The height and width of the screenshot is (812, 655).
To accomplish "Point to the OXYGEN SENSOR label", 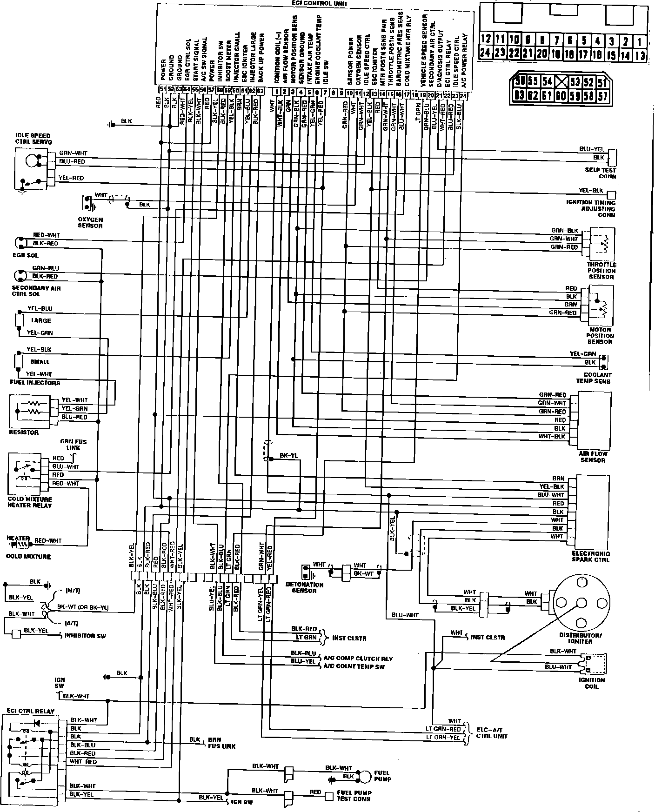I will point(90,222).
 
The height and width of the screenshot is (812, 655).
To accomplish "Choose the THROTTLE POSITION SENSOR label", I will point(602,271).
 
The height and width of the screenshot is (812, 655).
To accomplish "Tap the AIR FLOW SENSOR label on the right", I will point(593,457).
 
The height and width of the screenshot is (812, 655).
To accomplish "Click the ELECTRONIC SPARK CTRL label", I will point(590,557).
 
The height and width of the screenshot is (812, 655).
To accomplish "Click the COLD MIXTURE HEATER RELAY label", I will point(30,502).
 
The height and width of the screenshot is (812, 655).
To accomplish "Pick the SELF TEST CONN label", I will point(600,173).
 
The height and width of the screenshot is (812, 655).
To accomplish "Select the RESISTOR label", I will point(24,433).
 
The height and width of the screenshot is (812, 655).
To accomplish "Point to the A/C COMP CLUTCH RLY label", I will point(361,659).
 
